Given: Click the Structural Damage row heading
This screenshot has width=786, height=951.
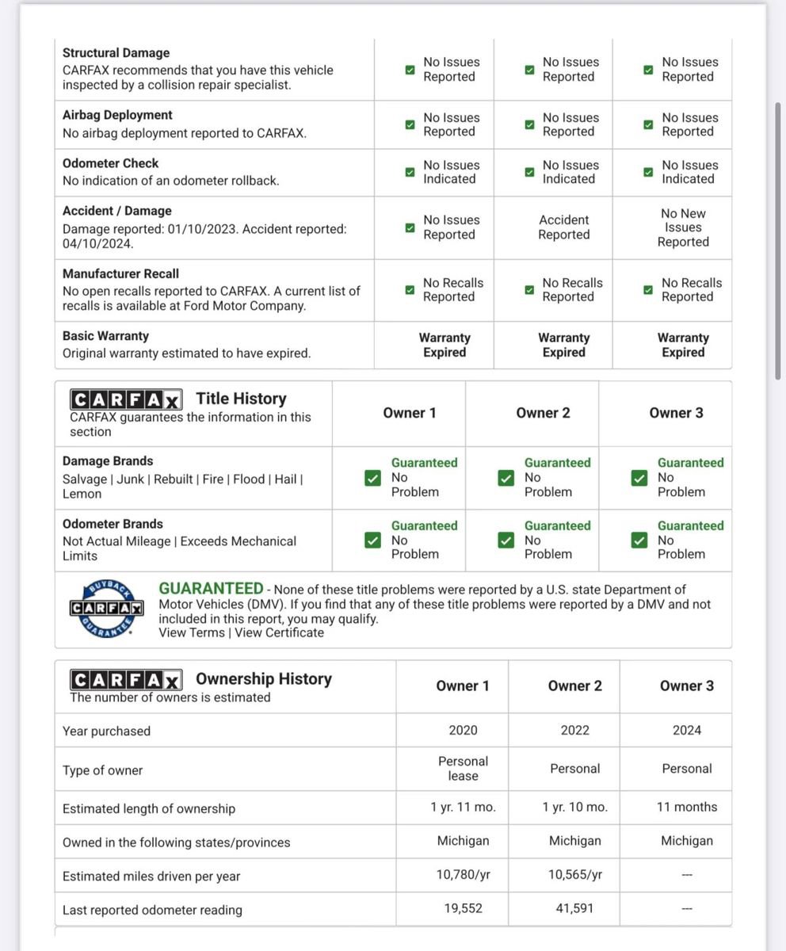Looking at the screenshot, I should pyautogui.click(x=116, y=53).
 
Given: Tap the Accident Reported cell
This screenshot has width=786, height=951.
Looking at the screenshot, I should pyautogui.click(x=563, y=227).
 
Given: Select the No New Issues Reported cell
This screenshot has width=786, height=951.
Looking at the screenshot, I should pyautogui.click(x=683, y=227).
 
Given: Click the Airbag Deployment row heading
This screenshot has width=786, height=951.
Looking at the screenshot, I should pyautogui.click(x=117, y=115).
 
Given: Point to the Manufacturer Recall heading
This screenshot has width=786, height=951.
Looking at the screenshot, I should pyautogui.click(x=120, y=273).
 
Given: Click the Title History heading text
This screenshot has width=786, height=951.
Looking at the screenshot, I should pyautogui.click(x=241, y=399).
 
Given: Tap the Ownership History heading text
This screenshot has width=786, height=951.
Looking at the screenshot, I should pyautogui.click(x=263, y=678).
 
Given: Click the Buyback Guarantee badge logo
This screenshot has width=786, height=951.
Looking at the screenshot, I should pyautogui.click(x=105, y=608).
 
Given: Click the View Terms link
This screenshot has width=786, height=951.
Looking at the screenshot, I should pyautogui.click(x=191, y=632).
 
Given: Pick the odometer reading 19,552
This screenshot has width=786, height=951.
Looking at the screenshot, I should pyautogui.click(x=463, y=909).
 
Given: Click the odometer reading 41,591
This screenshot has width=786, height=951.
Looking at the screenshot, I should pyautogui.click(x=574, y=909).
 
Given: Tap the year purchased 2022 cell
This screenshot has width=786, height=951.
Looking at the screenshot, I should pyautogui.click(x=574, y=730).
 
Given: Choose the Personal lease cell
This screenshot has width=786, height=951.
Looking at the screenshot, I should pyautogui.click(x=463, y=769).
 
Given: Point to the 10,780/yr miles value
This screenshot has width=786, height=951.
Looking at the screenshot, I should pyautogui.click(x=463, y=875).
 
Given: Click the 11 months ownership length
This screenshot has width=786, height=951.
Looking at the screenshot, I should pyautogui.click(x=686, y=807).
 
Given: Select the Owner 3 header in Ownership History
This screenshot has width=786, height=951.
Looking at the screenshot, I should pyautogui.click(x=686, y=686).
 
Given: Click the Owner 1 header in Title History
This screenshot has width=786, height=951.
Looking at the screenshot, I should pyautogui.click(x=409, y=413).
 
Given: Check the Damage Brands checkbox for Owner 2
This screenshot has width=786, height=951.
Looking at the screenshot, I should pyautogui.click(x=505, y=478).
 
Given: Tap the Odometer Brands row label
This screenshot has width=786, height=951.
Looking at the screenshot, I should pyautogui.click(x=113, y=524).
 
